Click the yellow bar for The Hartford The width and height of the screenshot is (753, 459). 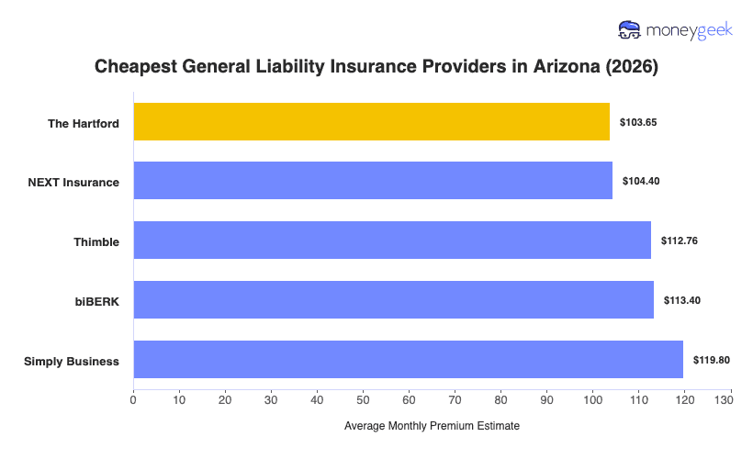pos(371,122)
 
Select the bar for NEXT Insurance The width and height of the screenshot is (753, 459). pos(373,181)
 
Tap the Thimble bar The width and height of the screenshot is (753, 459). pos(392,241)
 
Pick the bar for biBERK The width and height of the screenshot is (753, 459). pos(393,300)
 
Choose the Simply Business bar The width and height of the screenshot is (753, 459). pos(408,360)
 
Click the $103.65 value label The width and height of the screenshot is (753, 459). pos(638,122)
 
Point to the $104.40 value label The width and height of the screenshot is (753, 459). pos(641,181)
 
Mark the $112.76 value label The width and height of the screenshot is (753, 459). pos(680,241)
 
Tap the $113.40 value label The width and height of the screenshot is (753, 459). pos(682,300)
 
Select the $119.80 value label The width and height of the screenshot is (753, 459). pos(712,360)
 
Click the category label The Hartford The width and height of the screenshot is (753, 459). pos(84,123)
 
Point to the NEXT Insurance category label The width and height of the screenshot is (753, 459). pos(73,182)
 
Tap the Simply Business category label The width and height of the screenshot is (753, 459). pos(72,361)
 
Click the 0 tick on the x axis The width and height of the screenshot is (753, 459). pos(134,399)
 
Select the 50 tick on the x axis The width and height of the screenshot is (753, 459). pos(363,399)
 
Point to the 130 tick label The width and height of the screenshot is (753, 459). pos(729,399)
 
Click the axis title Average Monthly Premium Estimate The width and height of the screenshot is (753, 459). pos(432,426)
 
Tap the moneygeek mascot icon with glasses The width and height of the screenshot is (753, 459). pos(630,30)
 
